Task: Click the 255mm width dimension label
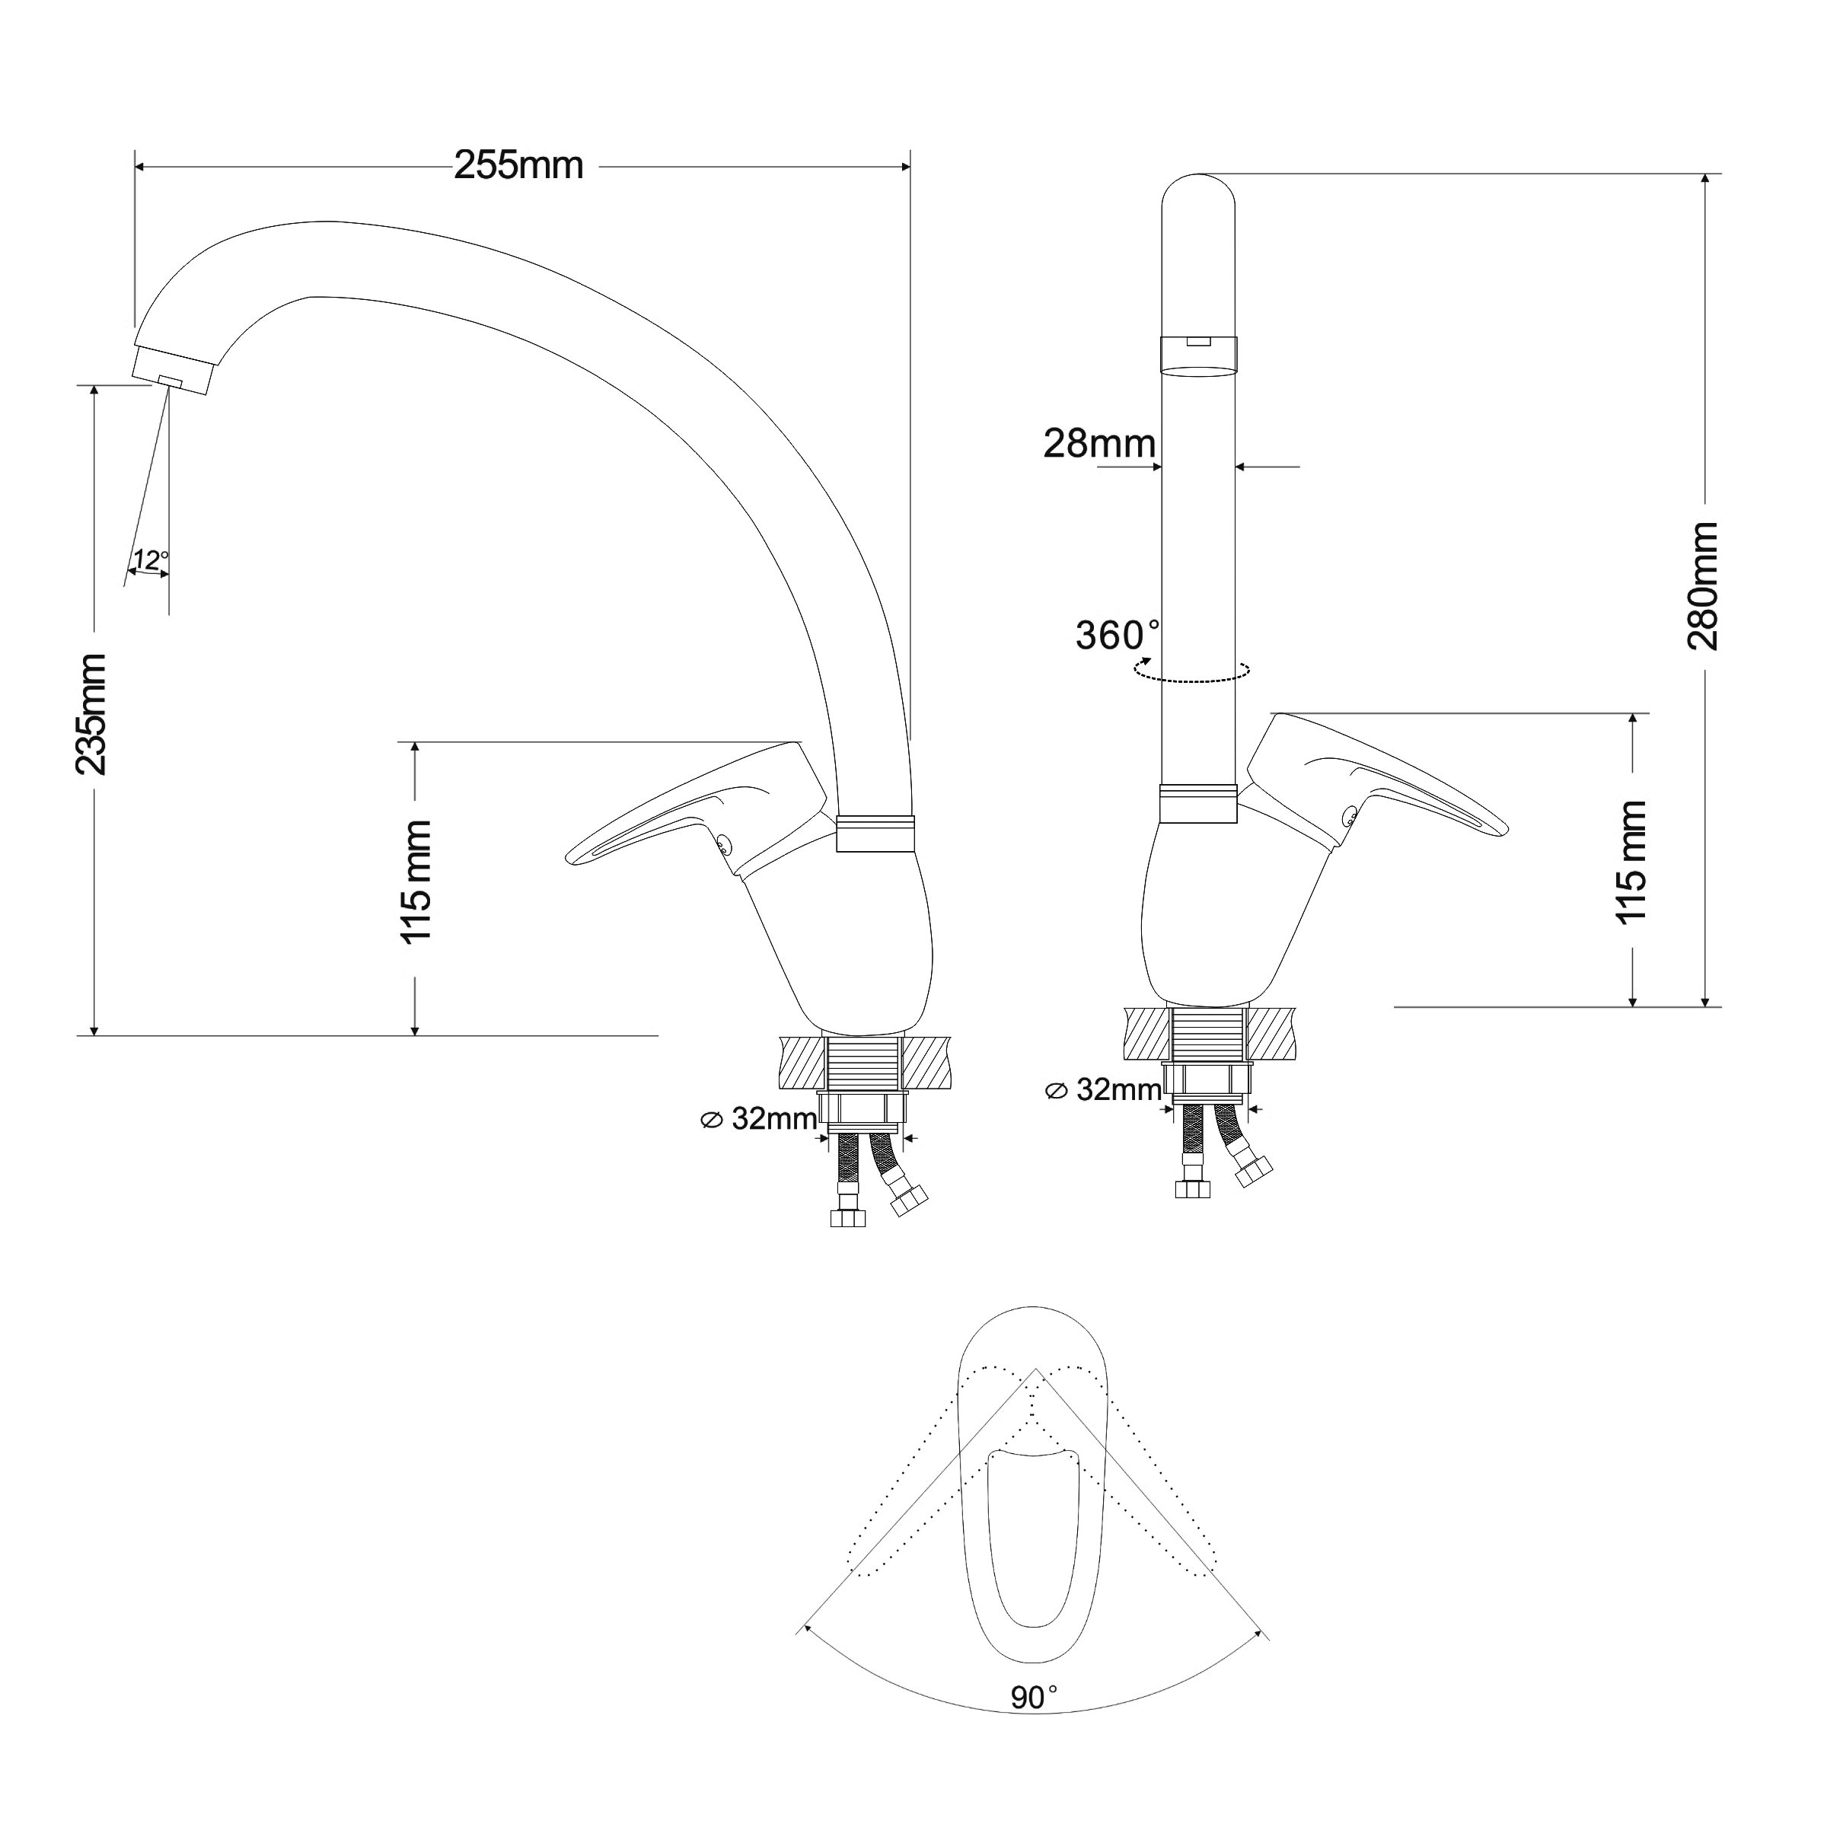(x=518, y=165)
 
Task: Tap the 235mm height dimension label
(x=91, y=714)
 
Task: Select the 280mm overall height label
(x=1703, y=586)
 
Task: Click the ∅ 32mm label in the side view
(x=758, y=1119)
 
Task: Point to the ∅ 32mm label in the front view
(x=1102, y=1089)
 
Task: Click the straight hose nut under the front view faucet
(x=1192, y=1188)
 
